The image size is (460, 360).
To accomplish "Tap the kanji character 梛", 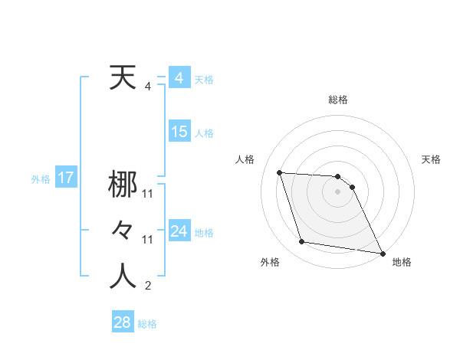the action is pyautogui.click(x=123, y=185).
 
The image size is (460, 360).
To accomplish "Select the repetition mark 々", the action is pyautogui.click(x=123, y=231).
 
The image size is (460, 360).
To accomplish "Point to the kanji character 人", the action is pyautogui.click(x=123, y=277).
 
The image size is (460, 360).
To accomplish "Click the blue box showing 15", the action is pyautogui.click(x=179, y=132).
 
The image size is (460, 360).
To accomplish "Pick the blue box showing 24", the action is pyautogui.click(x=179, y=231).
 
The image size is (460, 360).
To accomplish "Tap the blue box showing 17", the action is pyautogui.click(x=65, y=178).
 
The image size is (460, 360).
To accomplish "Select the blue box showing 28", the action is pyautogui.click(x=122, y=322).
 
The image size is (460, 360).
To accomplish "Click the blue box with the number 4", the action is pyautogui.click(x=179, y=78).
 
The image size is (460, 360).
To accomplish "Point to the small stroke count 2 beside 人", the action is pyautogui.click(x=148, y=286).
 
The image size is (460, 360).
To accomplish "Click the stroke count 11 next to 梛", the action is pyautogui.click(x=148, y=194).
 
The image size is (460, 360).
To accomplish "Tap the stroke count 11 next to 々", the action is pyautogui.click(x=148, y=240).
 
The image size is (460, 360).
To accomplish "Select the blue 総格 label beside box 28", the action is pyautogui.click(x=147, y=324).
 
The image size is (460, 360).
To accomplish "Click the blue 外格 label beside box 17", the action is pyautogui.click(x=41, y=179).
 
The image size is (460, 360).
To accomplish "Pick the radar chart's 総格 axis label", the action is pyautogui.click(x=338, y=100).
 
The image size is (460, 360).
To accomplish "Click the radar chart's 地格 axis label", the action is pyautogui.click(x=402, y=263).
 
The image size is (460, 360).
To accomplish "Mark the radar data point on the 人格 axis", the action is pyautogui.click(x=280, y=172).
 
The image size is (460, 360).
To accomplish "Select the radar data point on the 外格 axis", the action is pyautogui.click(x=302, y=242).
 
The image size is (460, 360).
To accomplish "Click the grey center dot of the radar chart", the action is pyautogui.click(x=338, y=191).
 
